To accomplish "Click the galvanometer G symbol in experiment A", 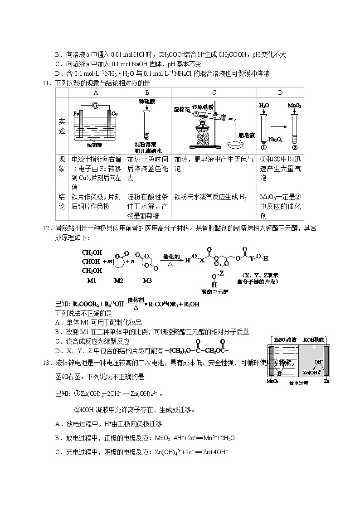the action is click(x=95, y=106).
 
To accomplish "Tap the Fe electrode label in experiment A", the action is click(x=76, y=113).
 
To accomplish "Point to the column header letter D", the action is click(x=280, y=92).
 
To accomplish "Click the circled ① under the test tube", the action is click(x=263, y=147).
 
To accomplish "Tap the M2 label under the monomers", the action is click(x=118, y=281).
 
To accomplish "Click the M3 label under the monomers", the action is click(x=147, y=281).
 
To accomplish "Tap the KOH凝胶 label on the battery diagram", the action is click(x=312, y=339).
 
